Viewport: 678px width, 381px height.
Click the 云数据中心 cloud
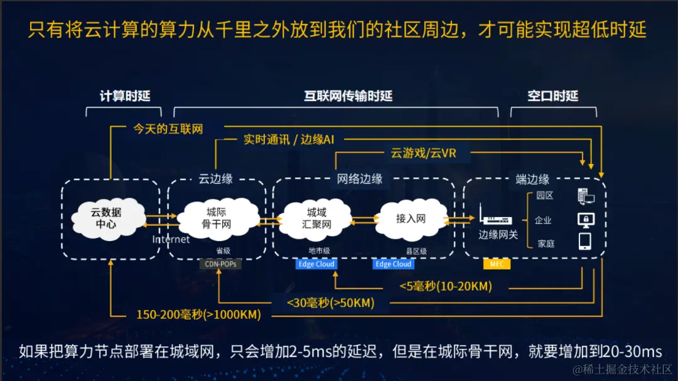pyautogui.click(x=105, y=217)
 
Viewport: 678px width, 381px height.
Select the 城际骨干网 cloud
pyautogui.click(x=217, y=217)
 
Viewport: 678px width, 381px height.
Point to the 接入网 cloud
pyautogui.click(x=411, y=218)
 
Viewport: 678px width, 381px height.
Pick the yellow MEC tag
pyautogui.click(x=497, y=264)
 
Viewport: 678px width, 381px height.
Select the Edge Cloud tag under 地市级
pyautogui.click(x=316, y=264)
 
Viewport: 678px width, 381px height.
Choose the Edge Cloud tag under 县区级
pyautogui.click(x=393, y=264)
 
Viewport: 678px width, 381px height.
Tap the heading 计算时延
pyautogui.click(x=125, y=96)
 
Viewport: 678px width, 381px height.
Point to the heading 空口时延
pyautogui.click(x=552, y=96)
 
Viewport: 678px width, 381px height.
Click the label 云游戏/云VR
pyautogui.click(x=423, y=153)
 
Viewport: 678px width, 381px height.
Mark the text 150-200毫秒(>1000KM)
pyautogui.click(x=198, y=314)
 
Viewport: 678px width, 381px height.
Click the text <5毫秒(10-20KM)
pyautogui.click(x=446, y=287)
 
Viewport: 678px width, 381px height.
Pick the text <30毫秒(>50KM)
pyautogui.click(x=330, y=303)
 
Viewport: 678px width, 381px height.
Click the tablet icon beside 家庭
pyautogui.click(x=585, y=242)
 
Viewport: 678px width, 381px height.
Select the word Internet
pyautogui.click(x=171, y=239)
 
